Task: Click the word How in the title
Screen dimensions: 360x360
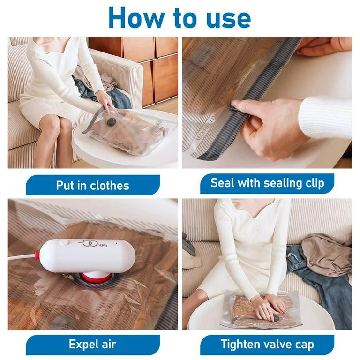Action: pyautogui.click(x=135, y=18)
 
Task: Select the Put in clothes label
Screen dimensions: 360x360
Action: pyautogui.click(x=92, y=185)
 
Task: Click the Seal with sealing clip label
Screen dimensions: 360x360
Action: pyautogui.click(x=267, y=183)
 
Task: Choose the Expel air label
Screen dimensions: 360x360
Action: pyautogui.click(x=92, y=345)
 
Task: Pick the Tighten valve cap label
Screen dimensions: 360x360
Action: pyautogui.click(x=267, y=345)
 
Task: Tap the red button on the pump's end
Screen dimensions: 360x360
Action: pyautogui.click(x=37, y=256)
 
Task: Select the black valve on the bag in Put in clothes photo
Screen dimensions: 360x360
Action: pyautogui.click(x=111, y=122)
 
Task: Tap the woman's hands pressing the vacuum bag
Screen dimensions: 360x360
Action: pyautogui.click(x=268, y=307)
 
